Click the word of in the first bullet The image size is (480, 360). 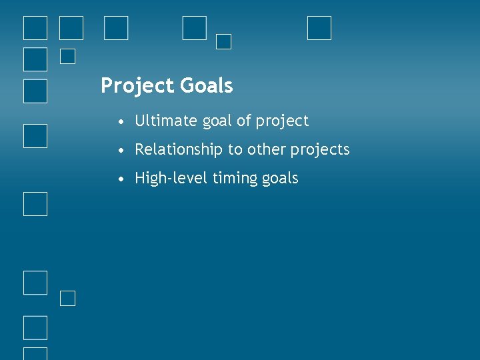tap(244, 121)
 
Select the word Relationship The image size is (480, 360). tap(179, 150)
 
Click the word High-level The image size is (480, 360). tap(169, 178)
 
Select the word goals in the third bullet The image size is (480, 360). tap(281, 179)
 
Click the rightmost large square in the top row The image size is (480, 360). tap(319, 28)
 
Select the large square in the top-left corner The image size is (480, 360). tap(35, 28)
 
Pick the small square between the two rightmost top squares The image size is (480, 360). tap(224, 41)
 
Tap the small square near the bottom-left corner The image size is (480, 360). tap(67, 298)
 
